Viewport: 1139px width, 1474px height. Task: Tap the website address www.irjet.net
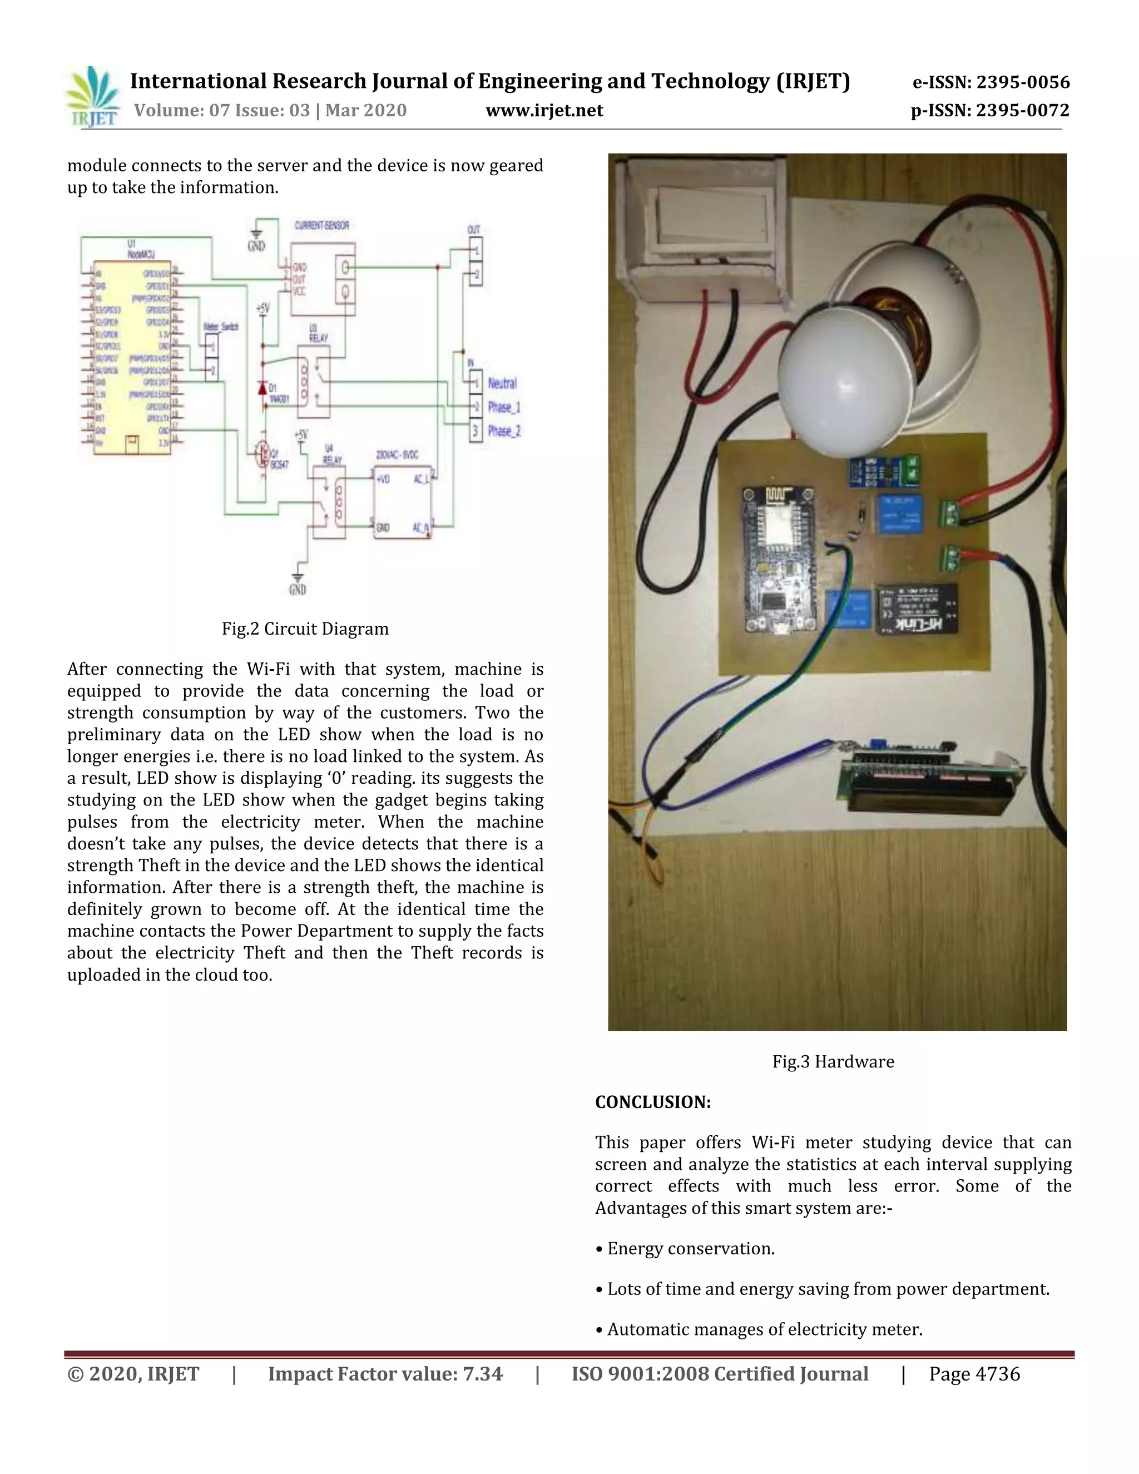[544, 110]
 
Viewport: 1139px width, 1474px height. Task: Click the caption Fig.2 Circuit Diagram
[305, 629]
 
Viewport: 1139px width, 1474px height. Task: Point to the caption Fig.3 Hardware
[833, 1062]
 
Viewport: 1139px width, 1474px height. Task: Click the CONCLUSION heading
[652, 1102]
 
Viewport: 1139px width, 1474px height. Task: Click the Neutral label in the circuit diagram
[502, 383]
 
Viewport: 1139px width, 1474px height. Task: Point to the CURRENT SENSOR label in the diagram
[322, 225]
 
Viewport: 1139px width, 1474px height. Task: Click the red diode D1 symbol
[263, 389]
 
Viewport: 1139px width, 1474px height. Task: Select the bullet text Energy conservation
[690, 1249]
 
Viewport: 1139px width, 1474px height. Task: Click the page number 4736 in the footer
[997, 1374]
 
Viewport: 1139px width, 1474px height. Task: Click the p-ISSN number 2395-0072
[1023, 110]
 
